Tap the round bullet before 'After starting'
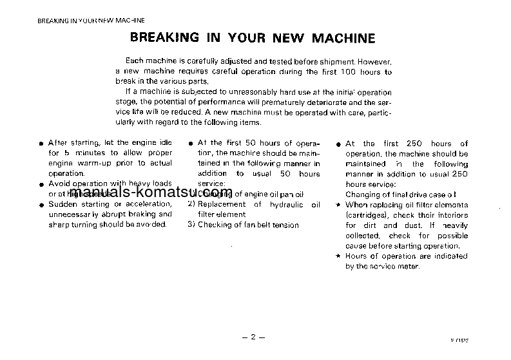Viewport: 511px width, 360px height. [41, 144]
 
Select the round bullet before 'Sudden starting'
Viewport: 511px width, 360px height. [41, 205]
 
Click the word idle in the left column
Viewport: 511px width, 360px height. [164, 143]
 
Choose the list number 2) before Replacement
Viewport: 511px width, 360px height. [191, 204]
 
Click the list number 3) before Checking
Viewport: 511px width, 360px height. [191, 225]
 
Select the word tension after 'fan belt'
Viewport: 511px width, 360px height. [284, 225]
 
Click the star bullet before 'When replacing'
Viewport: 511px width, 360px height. [338, 205]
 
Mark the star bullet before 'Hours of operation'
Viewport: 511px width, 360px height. [338, 256]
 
